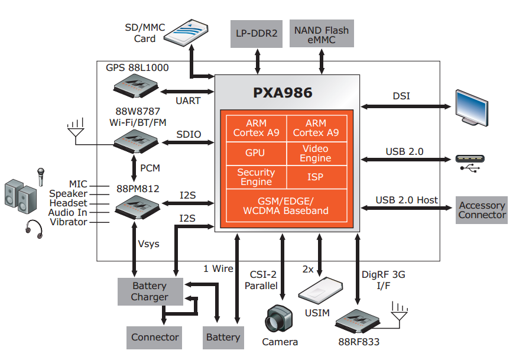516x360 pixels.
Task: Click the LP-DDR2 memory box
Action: click(x=257, y=33)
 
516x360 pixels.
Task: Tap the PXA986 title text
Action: click(x=283, y=93)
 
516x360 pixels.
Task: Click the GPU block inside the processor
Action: click(x=255, y=153)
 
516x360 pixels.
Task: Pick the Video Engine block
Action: click(x=315, y=153)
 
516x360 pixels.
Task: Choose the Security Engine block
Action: click(x=255, y=177)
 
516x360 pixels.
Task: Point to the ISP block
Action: click(x=315, y=177)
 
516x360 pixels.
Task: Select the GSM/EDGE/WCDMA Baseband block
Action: click(x=285, y=206)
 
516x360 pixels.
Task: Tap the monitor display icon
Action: click(x=472, y=108)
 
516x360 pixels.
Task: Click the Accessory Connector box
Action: click(x=482, y=210)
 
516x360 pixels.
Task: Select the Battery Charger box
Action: click(x=150, y=291)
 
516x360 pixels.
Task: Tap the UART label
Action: click(x=188, y=100)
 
